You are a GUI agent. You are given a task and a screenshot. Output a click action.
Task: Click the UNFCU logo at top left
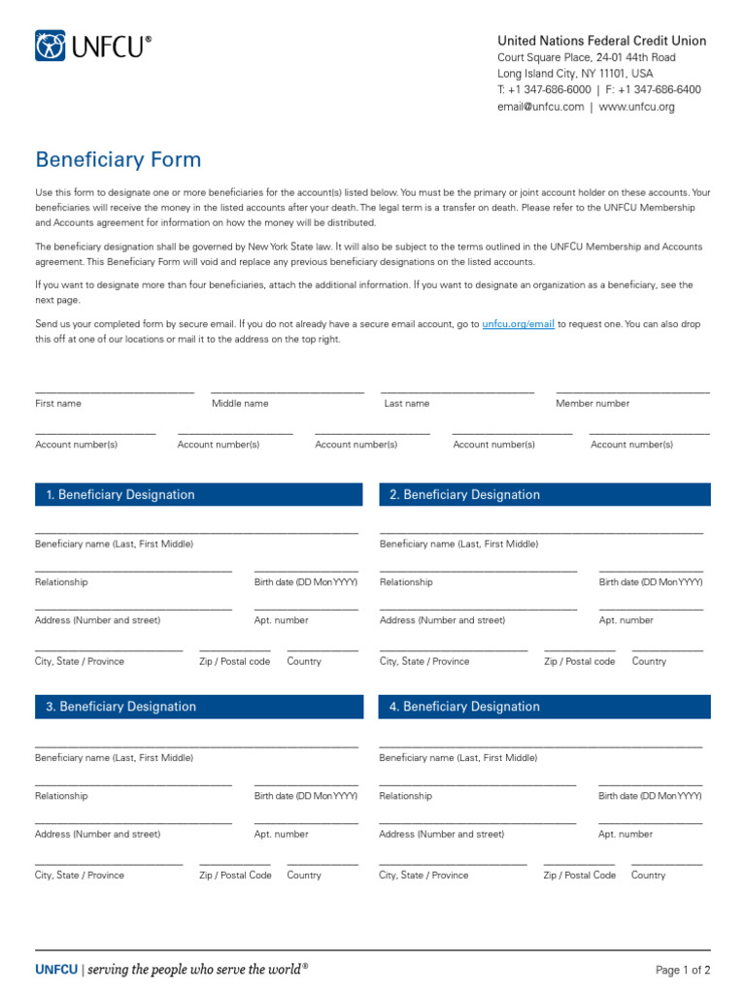tap(93, 46)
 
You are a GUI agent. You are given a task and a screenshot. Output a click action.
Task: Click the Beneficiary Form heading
tap(119, 160)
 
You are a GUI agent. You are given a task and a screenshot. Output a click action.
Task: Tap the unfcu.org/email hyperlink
tap(518, 324)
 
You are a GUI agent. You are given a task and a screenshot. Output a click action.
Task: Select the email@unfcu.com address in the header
tap(540, 107)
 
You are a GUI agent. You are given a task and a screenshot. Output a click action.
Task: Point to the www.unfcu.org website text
tap(636, 107)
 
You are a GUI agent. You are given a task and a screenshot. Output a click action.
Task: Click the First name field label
tap(58, 403)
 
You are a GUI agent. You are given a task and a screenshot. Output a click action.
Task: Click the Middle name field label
tap(240, 403)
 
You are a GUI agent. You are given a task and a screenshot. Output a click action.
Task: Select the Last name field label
tap(406, 403)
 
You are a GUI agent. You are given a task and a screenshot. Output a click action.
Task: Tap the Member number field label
tap(593, 403)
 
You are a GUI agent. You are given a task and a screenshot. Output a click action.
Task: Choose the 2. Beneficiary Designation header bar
tap(544, 495)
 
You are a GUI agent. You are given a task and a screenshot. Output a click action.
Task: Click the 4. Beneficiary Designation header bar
tap(544, 707)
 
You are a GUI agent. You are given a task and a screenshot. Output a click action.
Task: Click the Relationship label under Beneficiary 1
tap(61, 582)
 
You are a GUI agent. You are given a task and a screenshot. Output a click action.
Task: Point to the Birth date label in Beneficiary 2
tap(650, 582)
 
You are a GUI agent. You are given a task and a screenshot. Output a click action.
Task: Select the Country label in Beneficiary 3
tap(304, 875)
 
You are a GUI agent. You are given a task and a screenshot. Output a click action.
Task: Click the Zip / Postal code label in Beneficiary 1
tap(235, 661)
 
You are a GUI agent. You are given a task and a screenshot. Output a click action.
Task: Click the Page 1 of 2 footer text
tap(683, 970)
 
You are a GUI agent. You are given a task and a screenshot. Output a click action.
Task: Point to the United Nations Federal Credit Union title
tap(601, 41)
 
